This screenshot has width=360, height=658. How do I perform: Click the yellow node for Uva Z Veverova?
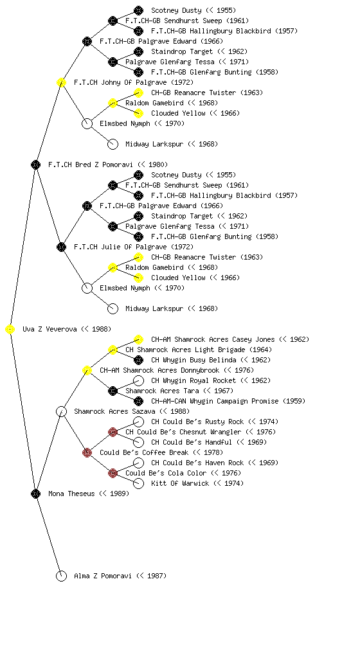tap(10, 330)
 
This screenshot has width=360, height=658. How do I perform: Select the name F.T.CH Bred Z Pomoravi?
tap(90, 164)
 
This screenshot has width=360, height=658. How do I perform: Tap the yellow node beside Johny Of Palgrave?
tap(61, 83)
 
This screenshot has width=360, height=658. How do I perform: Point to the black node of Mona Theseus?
tap(35, 494)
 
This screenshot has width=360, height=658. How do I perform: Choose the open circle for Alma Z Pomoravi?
tap(61, 576)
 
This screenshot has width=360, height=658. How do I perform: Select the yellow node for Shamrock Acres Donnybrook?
tap(87, 371)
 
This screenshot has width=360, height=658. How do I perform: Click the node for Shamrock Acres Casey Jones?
tap(138, 339)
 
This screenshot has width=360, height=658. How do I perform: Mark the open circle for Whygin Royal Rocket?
tap(138, 380)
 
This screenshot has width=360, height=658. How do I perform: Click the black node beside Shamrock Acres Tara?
tap(113, 391)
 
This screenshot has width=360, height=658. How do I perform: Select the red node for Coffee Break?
tap(87, 453)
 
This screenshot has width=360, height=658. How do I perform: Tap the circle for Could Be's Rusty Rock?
tap(138, 422)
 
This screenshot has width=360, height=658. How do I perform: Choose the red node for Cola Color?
tap(113, 474)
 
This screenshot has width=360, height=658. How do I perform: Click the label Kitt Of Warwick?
tap(180, 483)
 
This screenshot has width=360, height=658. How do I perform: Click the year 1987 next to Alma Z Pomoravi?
tap(156, 576)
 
